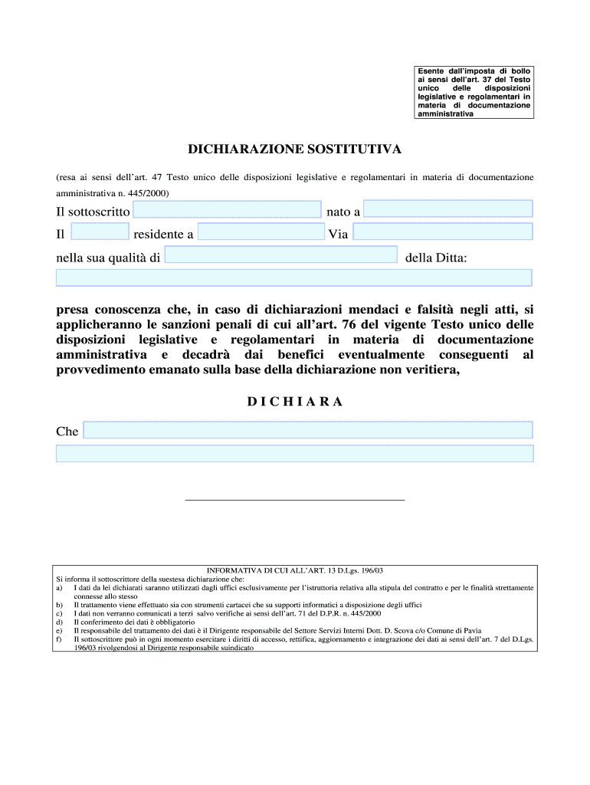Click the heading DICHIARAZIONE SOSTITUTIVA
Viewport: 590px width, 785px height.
tap(294, 148)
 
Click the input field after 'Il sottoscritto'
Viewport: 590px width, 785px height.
tap(227, 209)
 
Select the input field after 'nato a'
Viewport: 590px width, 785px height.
tap(447, 209)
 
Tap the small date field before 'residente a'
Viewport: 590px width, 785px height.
tap(100, 232)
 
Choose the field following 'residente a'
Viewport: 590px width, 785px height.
tap(261, 232)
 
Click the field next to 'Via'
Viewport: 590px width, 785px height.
tap(442, 232)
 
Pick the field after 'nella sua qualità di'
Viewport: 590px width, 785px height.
tap(280, 255)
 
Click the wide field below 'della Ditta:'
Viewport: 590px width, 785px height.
tap(294, 278)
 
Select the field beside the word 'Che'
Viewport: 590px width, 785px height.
tap(307, 430)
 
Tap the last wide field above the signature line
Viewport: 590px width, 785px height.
tap(294, 453)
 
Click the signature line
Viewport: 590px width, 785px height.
tap(294, 500)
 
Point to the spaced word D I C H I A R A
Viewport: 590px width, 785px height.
tap(294, 402)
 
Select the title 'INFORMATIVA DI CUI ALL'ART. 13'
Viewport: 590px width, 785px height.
tap(295, 571)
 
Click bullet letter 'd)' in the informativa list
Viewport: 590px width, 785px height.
tap(59, 622)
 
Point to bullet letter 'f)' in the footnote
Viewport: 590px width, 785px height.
tap(59, 639)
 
